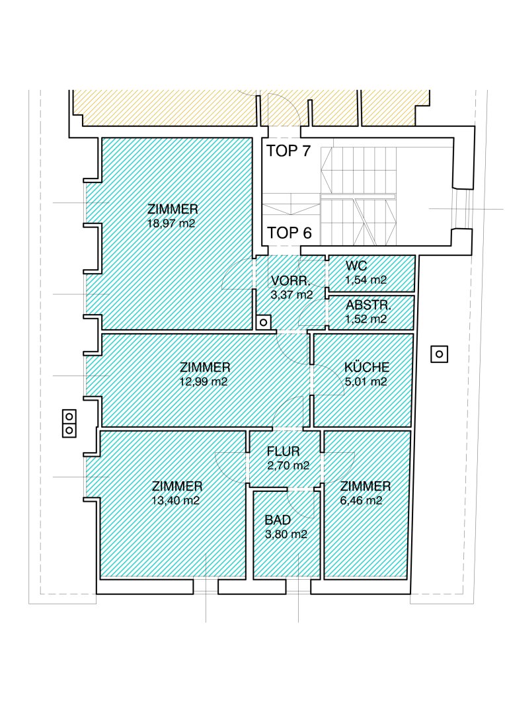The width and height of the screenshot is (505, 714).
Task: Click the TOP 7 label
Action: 289,151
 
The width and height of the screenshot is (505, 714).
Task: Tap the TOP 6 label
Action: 289,233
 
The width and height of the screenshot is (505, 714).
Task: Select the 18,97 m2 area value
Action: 173,223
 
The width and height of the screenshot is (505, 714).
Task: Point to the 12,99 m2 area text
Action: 204,381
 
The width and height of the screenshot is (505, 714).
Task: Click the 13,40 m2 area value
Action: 177,500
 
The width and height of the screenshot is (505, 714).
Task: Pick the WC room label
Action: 356,266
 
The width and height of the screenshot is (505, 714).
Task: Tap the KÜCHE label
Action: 367,367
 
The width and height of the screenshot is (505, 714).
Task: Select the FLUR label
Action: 284,452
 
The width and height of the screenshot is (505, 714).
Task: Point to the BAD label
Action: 278,520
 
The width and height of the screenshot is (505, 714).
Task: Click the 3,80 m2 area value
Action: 286,534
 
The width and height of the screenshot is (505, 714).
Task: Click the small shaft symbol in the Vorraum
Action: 263,323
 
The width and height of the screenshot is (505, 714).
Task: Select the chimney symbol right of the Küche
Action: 439,353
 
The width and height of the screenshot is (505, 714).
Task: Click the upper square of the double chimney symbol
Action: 69,416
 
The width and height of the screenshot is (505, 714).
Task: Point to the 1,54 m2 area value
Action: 366,280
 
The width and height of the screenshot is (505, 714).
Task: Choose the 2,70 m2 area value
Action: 288,466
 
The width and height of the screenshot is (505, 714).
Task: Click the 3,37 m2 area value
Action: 292,294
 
